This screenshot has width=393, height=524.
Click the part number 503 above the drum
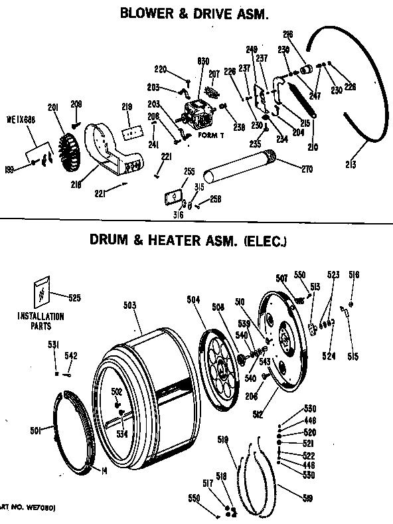click(x=130, y=305)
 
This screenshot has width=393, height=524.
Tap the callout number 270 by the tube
click(x=307, y=169)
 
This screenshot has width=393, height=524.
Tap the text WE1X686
click(x=20, y=121)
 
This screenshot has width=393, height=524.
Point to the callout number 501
click(x=36, y=431)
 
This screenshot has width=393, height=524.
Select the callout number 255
click(x=189, y=171)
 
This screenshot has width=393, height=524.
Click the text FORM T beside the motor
click(x=209, y=135)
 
